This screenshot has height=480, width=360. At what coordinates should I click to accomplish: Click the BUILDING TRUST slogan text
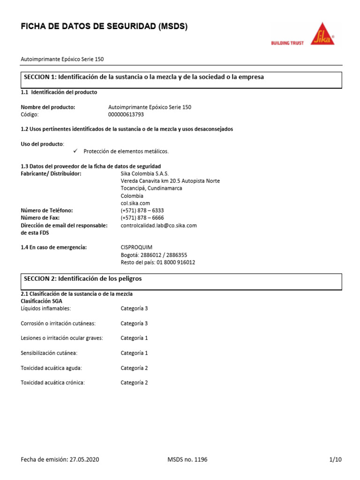tap(287, 43)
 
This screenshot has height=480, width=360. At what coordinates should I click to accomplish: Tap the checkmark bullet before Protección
tap(76, 151)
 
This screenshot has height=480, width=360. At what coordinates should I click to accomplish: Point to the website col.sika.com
tap(135, 203)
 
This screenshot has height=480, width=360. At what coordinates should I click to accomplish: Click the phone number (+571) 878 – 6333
tap(142, 210)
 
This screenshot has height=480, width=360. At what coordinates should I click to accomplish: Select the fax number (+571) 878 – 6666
tap(142, 218)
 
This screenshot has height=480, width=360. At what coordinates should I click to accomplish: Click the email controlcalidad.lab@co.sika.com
tap(158, 225)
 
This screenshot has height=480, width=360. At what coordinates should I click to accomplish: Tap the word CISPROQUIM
tap(136, 247)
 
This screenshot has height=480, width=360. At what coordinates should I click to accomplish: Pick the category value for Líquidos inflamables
tap(134, 308)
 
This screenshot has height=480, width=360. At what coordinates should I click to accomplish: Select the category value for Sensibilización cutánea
tap(134, 353)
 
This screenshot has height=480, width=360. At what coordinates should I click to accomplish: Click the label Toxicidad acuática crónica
tap(53, 382)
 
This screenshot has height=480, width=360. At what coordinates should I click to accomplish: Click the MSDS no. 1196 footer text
tap(187, 460)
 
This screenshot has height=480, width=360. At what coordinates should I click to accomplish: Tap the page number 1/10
tap(336, 460)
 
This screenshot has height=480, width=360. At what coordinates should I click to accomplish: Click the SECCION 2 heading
tap(82, 278)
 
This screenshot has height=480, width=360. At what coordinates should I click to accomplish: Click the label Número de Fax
tap(44, 218)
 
